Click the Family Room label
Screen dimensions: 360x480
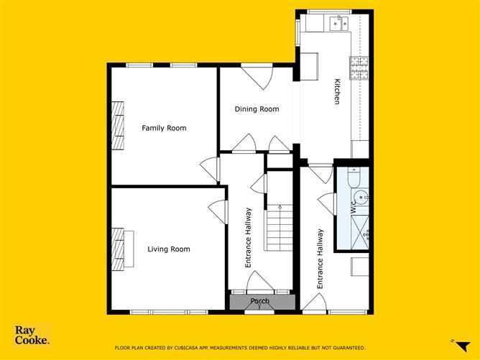[x=164, y=129]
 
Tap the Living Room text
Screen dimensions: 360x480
[x=169, y=249]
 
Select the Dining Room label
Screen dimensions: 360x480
[x=257, y=109]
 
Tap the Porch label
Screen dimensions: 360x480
[x=260, y=301]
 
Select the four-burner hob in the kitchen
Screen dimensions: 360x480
[x=358, y=68]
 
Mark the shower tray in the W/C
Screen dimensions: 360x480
[x=360, y=226]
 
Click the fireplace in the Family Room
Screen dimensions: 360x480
[x=118, y=126]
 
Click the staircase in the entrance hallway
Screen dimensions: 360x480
[x=278, y=227]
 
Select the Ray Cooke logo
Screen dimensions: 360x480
[x=32, y=336]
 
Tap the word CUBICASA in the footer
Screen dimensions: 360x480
[x=195, y=348]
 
